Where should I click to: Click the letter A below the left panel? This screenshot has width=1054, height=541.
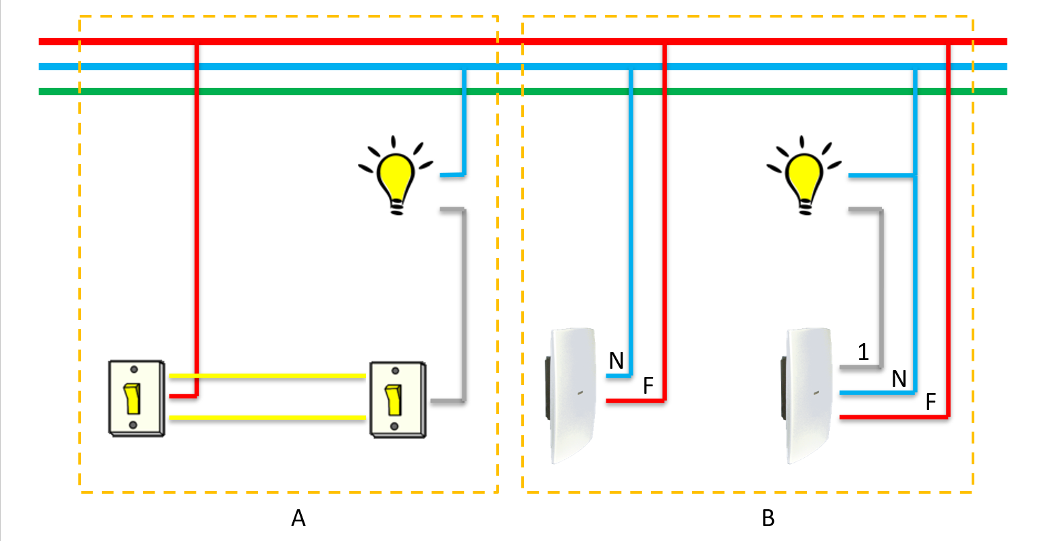pos(298,518)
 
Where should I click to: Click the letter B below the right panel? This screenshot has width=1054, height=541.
pos(768,518)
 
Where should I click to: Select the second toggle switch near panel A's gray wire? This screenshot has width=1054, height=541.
pos(398,400)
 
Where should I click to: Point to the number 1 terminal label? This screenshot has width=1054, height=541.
pos(863,351)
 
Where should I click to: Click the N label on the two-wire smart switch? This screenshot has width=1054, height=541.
pos(616,361)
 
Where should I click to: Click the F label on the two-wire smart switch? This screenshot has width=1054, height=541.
pos(648,386)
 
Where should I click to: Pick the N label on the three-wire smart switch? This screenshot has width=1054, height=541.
pos(899,380)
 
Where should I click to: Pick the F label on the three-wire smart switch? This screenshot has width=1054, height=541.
pos(930,403)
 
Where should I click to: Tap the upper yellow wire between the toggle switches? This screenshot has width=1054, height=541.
pos(267,376)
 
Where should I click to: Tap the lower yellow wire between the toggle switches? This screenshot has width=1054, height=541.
pos(267,418)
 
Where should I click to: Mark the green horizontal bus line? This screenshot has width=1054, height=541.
pos(523,91)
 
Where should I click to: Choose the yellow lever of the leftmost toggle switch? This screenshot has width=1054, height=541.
pos(132,398)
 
